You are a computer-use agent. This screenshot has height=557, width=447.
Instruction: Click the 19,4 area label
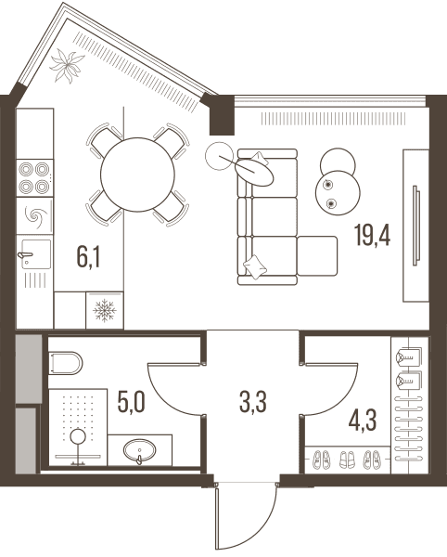click(372, 235)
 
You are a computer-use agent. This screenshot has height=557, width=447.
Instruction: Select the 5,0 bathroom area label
click(132, 402)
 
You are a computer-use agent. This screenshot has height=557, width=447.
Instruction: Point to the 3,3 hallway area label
click(253, 402)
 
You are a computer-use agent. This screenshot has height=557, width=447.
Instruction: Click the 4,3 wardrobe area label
click(363, 420)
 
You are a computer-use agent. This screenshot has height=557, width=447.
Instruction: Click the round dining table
click(137, 175)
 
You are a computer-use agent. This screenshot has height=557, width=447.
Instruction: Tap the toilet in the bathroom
click(65, 363)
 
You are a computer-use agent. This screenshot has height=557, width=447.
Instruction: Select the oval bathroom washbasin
click(139, 450)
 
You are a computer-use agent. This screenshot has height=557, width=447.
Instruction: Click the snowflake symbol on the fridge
click(105, 310)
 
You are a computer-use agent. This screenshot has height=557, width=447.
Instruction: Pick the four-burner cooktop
click(34, 177)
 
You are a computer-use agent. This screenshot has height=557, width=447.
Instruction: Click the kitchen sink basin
click(36, 254)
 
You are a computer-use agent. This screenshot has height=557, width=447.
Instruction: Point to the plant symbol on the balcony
click(67, 67)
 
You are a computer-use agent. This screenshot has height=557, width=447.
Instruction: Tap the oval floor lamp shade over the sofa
click(254, 172)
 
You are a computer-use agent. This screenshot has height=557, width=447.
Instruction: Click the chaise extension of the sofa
click(317, 256)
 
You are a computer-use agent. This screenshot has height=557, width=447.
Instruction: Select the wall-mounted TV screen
click(416, 226)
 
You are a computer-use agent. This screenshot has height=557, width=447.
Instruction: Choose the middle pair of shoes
click(347, 460)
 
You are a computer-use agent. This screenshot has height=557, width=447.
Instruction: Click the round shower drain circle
click(78, 436)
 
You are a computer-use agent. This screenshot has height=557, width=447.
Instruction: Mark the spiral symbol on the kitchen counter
click(34, 215)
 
